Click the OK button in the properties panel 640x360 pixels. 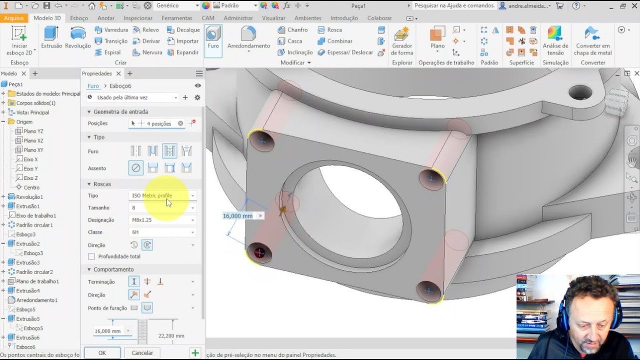(102, 352)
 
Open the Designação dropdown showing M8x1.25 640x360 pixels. (162, 220)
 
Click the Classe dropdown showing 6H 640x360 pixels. (162, 232)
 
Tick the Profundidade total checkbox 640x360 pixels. (91, 256)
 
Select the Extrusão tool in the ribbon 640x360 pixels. (51, 37)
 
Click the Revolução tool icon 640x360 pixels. (78, 37)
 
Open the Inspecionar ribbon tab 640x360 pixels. (138, 18)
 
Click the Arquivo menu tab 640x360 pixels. (14, 18)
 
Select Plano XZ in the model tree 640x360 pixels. (33, 140)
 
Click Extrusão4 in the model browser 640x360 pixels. (27, 290)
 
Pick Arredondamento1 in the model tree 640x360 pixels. (36, 300)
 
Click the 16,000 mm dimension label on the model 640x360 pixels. (238, 216)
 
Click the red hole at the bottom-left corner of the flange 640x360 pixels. (259, 252)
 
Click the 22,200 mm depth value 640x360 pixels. (171, 336)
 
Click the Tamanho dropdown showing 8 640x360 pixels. (162, 207)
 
